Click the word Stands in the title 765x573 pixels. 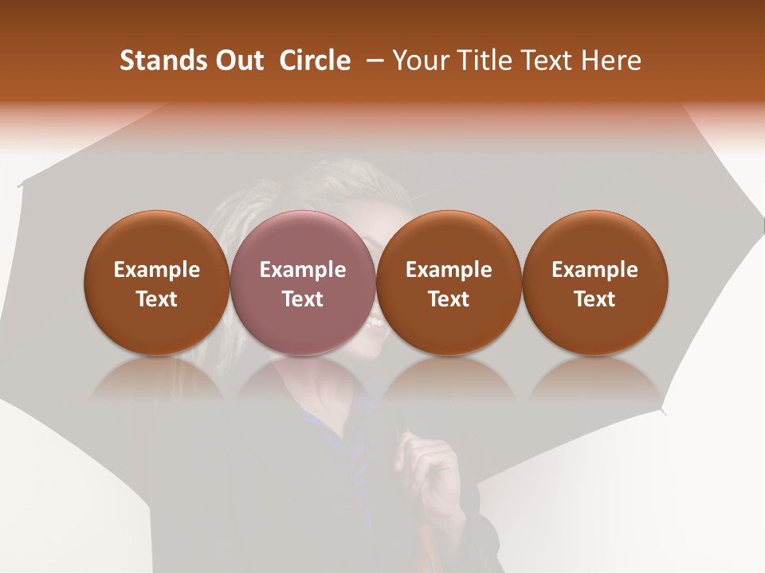pos(157,60)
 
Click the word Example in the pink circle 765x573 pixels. pos(302,270)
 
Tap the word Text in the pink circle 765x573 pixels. pos(302,299)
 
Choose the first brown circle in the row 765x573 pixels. pos(156,282)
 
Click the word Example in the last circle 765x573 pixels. pos(594,270)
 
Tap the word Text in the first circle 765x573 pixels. pos(156,299)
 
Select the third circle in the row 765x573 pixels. pos(448,282)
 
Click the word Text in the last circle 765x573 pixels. pos(594,299)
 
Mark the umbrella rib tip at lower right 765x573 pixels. pos(663,411)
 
